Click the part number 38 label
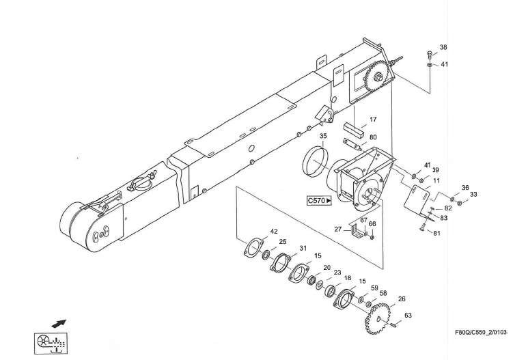tap(443, 48)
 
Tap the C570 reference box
tap(319, 201)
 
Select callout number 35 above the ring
tap(323, 136)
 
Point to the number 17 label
tap(373, 120)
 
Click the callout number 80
tap(373, 137)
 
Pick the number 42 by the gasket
tap(274, 232)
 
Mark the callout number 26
tap(402, 299)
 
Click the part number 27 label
tap(337, 230)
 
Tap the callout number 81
tap(437, 233)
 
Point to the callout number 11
tap(436, 180)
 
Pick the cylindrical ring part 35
tap(316, 161)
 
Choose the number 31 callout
tap(303, 248)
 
